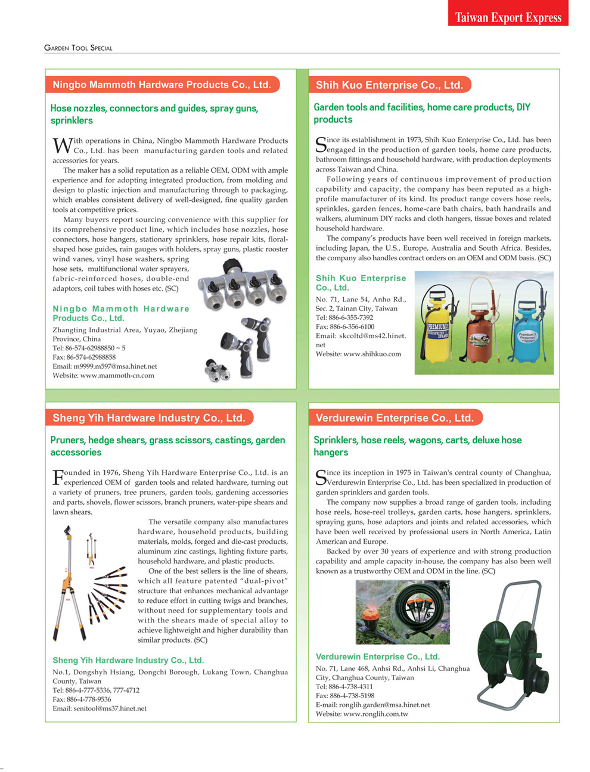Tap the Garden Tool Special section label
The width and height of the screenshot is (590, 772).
tap(78, 48)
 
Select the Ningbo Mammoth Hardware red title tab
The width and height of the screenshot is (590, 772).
tap(162, 85)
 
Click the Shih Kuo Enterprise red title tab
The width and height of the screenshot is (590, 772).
tap(389, 85)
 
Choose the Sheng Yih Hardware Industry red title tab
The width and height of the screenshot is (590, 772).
tap(149, 418)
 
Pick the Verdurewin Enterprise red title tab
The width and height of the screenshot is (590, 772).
tap(395, 418)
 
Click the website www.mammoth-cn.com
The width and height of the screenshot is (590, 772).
tap(117, 376)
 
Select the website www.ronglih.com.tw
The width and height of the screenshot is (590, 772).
tap(375, 714)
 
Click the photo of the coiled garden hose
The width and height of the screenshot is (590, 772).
tap(402, 612)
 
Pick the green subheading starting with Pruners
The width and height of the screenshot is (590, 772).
tap(167, 446)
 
